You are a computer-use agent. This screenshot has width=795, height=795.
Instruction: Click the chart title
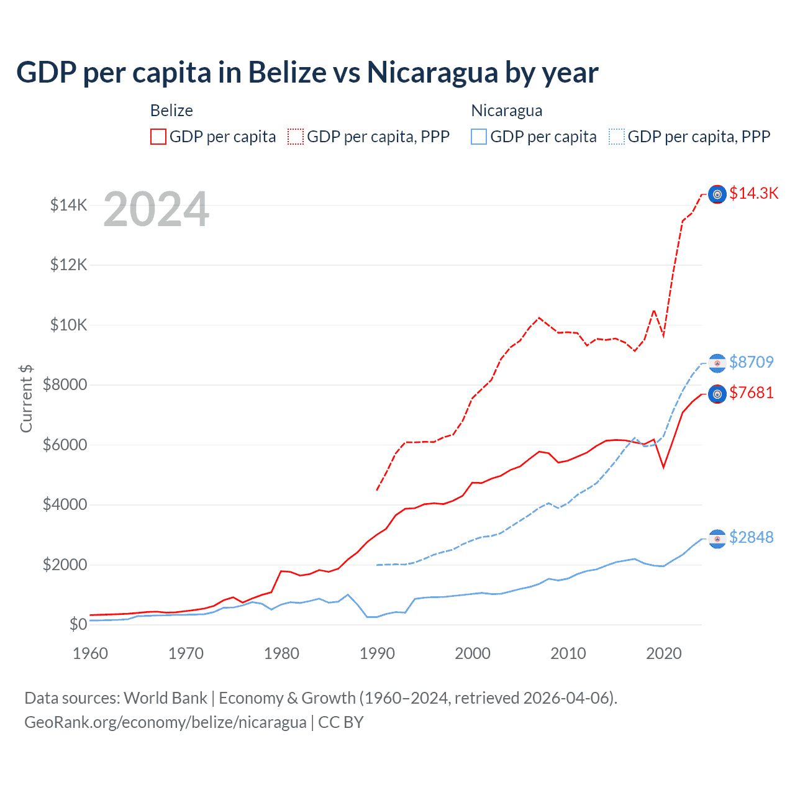pyautogui.click(x=307, y=72)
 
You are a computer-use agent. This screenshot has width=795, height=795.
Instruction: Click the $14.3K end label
pyautogui.click(x=753, y=193)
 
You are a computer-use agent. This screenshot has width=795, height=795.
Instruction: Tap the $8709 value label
pyautogui.click(x=752, y=362)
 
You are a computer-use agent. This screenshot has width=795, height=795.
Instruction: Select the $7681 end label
pyautogui.click(x=752, y=393)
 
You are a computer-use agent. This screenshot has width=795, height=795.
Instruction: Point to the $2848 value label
pyautogui.click(x=752, y=537)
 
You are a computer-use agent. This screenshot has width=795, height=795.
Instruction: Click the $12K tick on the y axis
pyautogui.click(x=68, y=265)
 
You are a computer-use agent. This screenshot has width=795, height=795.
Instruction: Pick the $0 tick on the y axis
pyautogui.click(x=78, y=624)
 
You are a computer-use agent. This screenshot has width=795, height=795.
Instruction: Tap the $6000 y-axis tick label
pyautogui.click(x=65, y=445)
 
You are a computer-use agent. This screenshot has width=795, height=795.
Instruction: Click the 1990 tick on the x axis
pyautogui.click(x=377, y=653)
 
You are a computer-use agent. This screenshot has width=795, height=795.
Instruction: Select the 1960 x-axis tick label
pyautogui.click(x=91, y=653)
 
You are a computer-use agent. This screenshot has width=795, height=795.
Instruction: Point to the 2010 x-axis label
pyautogui.click(x=568, y=653)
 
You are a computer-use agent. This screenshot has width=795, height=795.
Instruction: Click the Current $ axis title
pyautogui.click(x=26, y=398)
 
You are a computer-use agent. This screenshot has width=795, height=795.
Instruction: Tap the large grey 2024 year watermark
pyautogui.click(x=157, y=209)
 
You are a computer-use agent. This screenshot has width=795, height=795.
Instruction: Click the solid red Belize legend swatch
pyautogui.click(x=158, y=137)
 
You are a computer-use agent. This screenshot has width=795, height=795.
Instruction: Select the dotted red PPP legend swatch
pyautogui.click(x=296, y=137)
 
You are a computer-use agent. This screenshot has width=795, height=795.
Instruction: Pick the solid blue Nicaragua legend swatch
pyautogui.click(x=479, y=137)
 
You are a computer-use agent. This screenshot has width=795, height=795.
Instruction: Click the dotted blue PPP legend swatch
pyautogui.click(x=617, y=137)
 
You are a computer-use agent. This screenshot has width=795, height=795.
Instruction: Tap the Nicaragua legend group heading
pyautogui.click(x=507, y=111)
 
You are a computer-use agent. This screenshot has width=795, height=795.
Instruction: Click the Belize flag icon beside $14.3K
pyautogui.click(x=717, y=194)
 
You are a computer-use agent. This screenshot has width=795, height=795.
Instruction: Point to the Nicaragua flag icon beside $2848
pyautogui.click(x=717, y=538)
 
